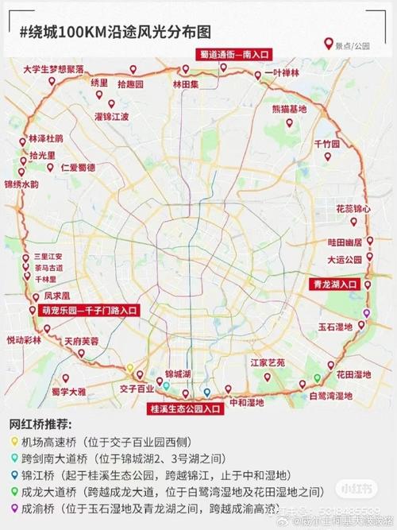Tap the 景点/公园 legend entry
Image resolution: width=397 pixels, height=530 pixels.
350,45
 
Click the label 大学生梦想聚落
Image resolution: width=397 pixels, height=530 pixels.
54,69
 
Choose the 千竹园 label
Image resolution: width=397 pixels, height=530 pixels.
326,144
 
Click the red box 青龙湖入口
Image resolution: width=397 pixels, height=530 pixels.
336,282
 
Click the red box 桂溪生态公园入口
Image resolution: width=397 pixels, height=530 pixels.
184,409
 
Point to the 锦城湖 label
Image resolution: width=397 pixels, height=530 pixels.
178,373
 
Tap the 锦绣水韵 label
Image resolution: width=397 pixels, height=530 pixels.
21,184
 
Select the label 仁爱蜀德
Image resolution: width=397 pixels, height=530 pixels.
77,168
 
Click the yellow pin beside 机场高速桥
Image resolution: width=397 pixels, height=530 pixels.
14,439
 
